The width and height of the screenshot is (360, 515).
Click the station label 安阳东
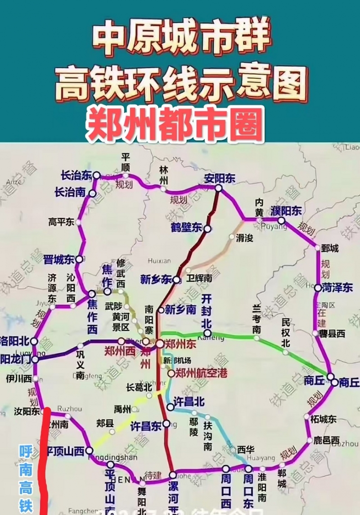(219, 178)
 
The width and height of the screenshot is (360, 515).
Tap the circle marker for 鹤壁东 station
(207, 229)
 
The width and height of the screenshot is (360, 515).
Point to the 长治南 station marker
(92, 193)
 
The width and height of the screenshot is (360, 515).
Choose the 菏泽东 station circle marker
(318, 288)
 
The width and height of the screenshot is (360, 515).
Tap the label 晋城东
(58, 260)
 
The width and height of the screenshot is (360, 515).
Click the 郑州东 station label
(180, 344)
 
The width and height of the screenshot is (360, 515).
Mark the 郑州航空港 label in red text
(201, 373)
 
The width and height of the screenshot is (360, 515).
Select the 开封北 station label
(206, 310)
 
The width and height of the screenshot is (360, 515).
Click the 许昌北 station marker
(170, 407)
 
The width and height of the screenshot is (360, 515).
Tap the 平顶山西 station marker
(89, 450)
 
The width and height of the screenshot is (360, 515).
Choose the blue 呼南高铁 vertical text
(26, 479)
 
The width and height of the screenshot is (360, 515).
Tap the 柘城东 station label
(323, 419)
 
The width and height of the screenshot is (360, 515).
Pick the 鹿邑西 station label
(326, 440)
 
